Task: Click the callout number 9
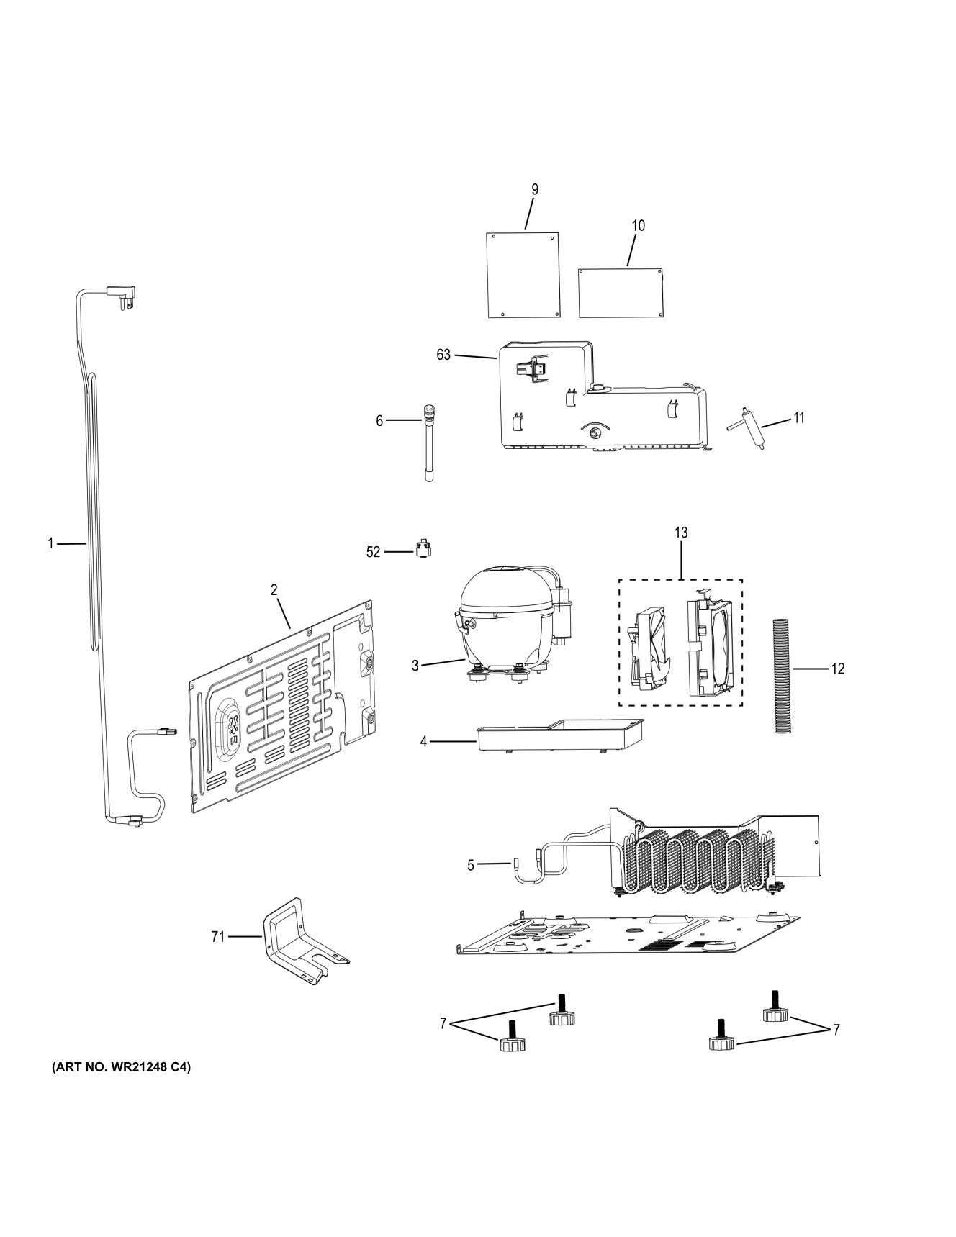tap(534, 190)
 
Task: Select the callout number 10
tap(638, 226)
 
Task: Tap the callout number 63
tap(443, 355)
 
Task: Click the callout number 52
tap(373, 552)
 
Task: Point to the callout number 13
tap(680, 533)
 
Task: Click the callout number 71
tap(217, 936)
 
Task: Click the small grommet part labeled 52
tap(424, 550)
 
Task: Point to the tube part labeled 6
tap(430, 443)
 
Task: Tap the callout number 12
tap(837, 669)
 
